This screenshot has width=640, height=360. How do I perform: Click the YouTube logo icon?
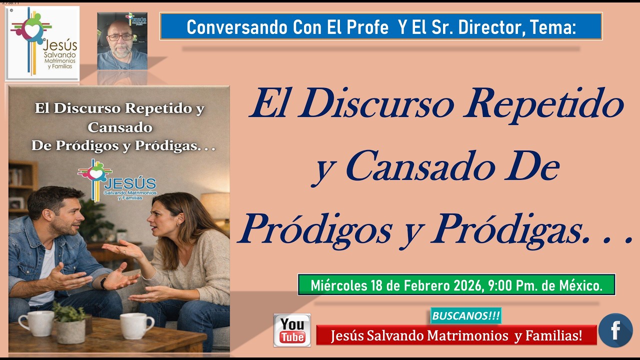click(292, 330)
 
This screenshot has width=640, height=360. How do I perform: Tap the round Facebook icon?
click(615, 330)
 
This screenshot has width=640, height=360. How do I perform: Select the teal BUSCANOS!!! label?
click(466, 316)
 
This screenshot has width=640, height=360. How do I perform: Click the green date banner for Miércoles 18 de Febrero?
click(456, 285)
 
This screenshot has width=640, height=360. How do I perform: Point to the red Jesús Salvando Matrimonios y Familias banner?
click(456, 335)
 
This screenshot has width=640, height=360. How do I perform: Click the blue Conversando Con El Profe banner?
click(381, 26)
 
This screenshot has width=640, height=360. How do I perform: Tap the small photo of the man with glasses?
click(122, 41)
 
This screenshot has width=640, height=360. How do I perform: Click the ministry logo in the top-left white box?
click(42, 43)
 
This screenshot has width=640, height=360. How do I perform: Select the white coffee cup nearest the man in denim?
click(36, 323)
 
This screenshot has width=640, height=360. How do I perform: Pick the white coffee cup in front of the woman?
click(136, 325)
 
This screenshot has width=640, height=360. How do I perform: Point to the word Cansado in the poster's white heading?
click(119, 127)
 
